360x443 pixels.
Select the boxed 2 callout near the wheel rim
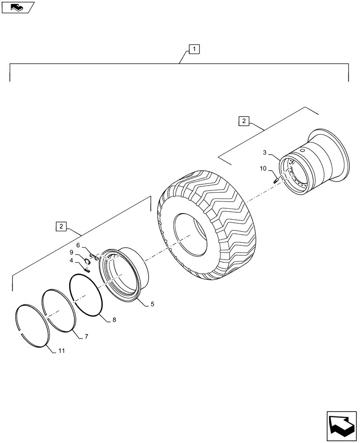click(244, 120)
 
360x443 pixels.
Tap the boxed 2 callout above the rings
click(61, 226)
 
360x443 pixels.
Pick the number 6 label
click(78, 245)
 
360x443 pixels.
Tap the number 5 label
click(152, 304)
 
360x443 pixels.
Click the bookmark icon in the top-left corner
click(17, 7)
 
